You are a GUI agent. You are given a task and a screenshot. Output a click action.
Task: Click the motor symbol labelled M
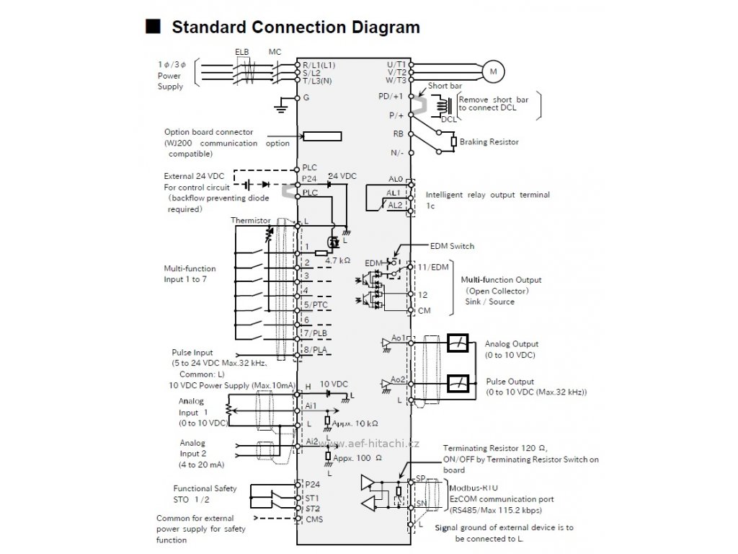[493, 71]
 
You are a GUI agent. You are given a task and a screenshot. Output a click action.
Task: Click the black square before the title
[153, 27]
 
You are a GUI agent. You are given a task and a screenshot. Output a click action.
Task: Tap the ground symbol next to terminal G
[281, 106]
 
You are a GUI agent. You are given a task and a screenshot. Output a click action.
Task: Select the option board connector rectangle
[322, 136]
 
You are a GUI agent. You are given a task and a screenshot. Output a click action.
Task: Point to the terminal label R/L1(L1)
[319, 65]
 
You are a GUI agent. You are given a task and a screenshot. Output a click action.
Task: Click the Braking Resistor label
[489, 142]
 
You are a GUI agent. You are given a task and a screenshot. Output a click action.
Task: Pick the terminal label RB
[398, 133]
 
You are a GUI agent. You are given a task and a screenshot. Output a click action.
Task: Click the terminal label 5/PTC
[316, 305]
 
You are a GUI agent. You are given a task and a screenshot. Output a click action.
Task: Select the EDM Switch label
[452, 246]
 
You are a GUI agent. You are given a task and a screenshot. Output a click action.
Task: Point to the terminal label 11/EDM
[433, 267]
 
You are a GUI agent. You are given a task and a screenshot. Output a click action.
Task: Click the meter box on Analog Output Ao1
[458, 343]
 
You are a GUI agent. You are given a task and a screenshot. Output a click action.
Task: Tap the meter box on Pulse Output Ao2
[458, 384]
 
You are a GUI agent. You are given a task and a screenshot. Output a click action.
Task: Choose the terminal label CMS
[314, 519]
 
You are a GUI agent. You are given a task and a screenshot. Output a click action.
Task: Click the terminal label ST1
[312, 498]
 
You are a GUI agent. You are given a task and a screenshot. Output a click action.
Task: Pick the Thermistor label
[250, 221]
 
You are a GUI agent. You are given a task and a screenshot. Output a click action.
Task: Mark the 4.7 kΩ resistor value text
[337, 260]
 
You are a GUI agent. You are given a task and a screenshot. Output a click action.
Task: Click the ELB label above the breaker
[242, 52]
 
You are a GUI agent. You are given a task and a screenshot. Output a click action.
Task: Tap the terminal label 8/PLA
[315, 350]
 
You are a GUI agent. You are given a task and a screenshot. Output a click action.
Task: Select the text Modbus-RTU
[473, 488]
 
